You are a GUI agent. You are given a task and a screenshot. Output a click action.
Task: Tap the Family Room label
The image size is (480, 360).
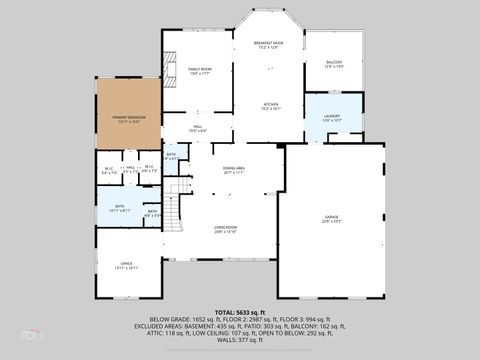[x=198, y=71]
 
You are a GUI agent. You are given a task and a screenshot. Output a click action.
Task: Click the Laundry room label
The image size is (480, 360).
[x=332, y=119]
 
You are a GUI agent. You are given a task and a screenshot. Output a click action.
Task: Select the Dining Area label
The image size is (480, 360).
[x=234, y=171]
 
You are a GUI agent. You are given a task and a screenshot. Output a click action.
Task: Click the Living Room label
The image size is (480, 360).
[x=224, y=229]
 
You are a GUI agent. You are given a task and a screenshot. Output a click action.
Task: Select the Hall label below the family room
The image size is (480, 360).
[x=198, y=128]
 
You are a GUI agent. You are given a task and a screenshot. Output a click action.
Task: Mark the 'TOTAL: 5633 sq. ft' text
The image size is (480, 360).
[x=239, y=314]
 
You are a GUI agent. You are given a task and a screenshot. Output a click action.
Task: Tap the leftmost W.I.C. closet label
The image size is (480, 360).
[x=109, y=171]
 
